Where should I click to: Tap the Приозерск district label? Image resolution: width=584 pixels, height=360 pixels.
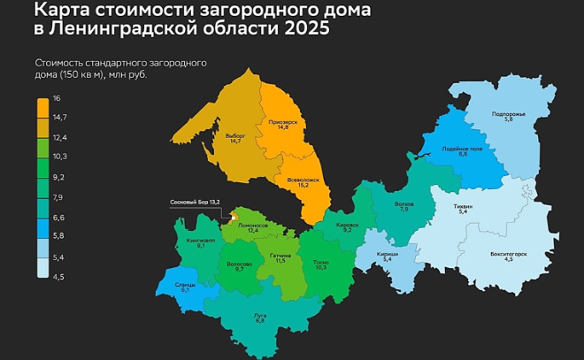282,125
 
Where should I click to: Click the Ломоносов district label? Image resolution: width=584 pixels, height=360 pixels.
253,227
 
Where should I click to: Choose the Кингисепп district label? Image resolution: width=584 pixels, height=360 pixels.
201,241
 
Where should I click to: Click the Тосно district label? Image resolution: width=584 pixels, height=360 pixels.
320,264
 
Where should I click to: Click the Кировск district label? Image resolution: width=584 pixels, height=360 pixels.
348,226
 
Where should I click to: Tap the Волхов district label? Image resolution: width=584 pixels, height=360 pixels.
403,206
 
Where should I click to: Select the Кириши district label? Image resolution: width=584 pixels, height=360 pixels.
387,256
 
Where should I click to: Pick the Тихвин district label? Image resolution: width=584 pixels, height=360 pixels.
463,210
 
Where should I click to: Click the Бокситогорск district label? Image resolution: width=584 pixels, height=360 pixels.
508,257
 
